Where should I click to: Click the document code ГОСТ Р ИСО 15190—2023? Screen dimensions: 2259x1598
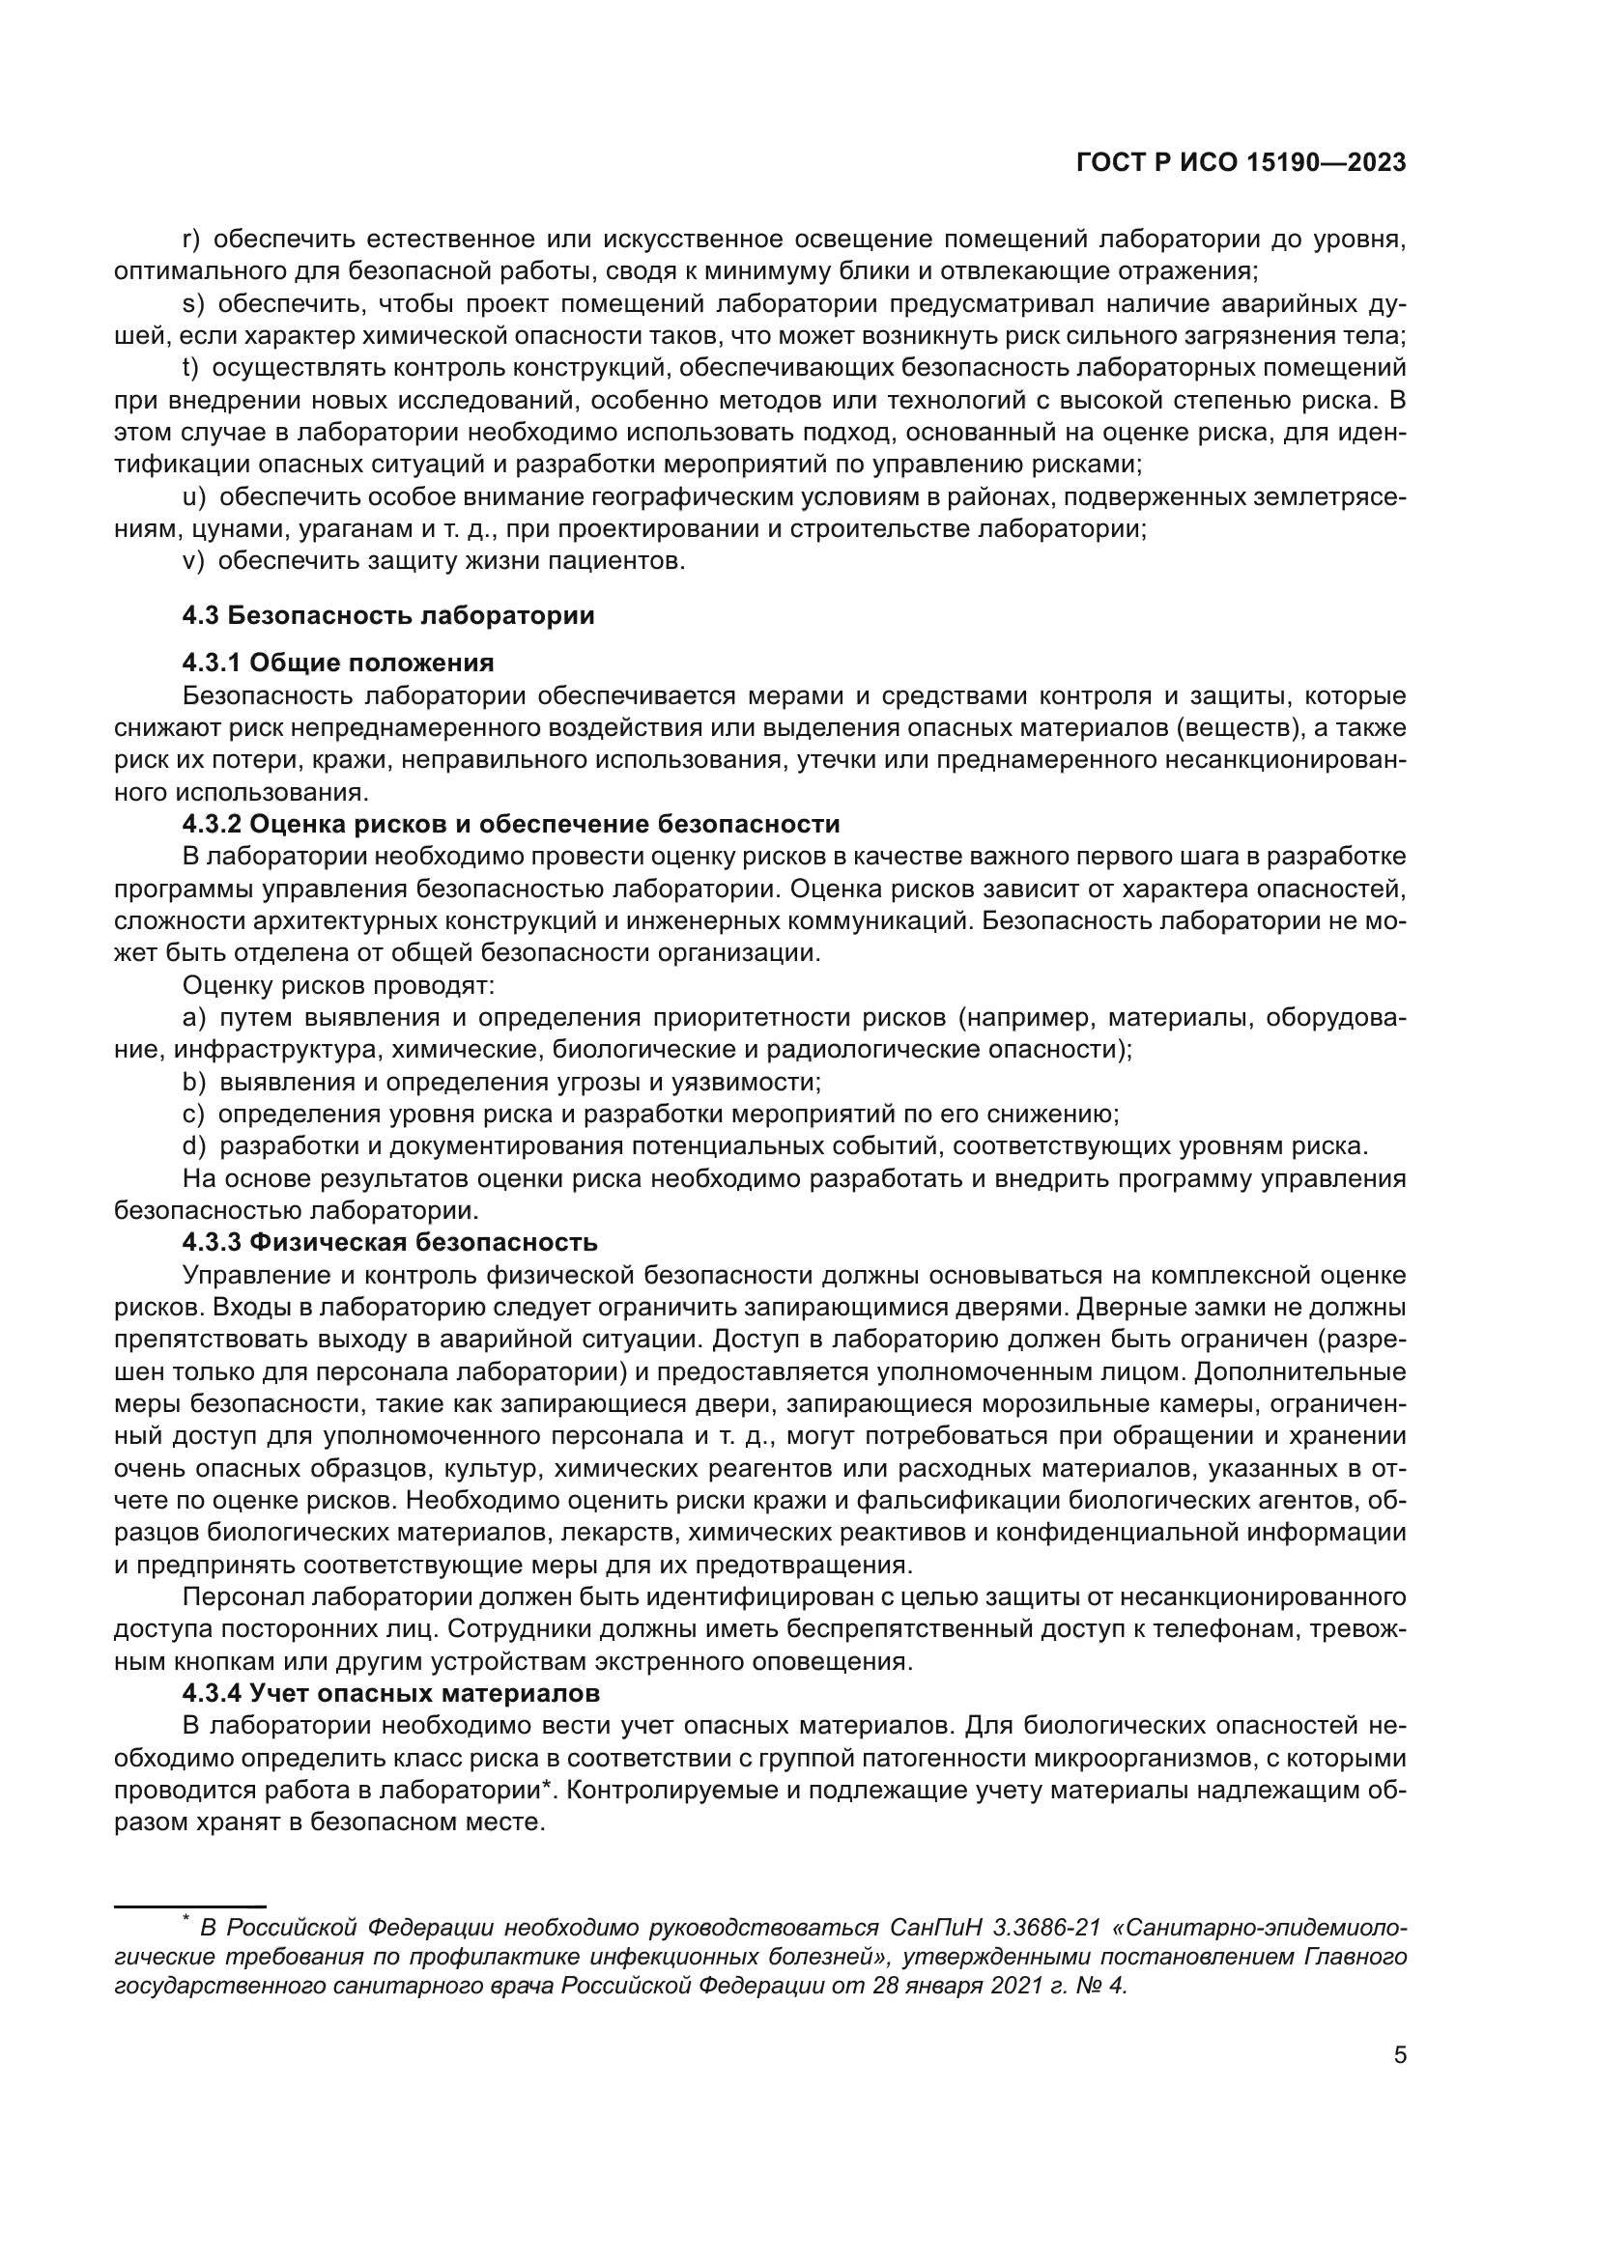[x=1241, y=163]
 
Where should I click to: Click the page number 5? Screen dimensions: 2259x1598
[x=1399, y=2054]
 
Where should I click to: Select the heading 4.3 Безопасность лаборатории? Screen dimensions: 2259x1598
[x=387, y=616]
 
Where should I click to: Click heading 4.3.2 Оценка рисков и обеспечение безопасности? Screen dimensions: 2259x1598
[x=511, y=824]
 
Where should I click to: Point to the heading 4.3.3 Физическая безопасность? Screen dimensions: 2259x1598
[x=389, y=1243]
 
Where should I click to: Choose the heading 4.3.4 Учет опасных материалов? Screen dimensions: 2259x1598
[x=390, y=1693]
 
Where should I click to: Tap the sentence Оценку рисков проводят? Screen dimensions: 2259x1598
[x=338, y=986]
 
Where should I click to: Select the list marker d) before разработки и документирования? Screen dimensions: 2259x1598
[x=194, y=1146]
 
